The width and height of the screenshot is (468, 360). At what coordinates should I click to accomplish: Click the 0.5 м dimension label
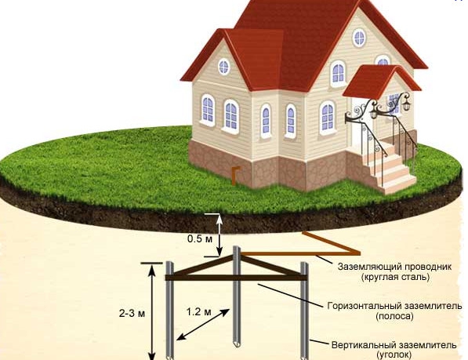click(x=200, y=238)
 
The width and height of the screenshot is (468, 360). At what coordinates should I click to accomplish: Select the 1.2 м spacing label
click(x=199, y=312)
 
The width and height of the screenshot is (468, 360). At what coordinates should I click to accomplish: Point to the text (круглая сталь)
click(x=395, y=277)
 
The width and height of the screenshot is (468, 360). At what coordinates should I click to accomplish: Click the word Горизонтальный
click(x=363, y=306)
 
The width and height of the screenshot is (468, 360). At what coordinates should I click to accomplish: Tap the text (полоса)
click(x=395, y=316)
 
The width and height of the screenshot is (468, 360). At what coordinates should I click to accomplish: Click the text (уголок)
click(x=394, y=355)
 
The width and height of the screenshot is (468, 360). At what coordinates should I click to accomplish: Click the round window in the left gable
click(x=224, y=66)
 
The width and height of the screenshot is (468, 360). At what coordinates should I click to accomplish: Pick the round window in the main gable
click(x=359, y=38)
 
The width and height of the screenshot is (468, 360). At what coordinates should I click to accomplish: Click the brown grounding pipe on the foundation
click(x=234, y=176)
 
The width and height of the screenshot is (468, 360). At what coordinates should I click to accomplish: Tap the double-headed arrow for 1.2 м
click(x=203, y=325)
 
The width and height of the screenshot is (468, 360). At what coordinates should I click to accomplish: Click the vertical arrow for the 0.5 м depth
click(x=219, y=235)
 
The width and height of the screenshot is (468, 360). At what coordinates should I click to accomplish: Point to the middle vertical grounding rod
click(x=237, y=296)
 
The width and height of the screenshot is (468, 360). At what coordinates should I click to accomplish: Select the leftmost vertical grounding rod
click(x=170, y=311)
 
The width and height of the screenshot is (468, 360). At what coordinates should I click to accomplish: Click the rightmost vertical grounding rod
click(x=304, y=311)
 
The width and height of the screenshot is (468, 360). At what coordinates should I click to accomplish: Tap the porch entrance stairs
click(x=388, y=167)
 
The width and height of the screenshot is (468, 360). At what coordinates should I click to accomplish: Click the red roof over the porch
click(x=379, y=82)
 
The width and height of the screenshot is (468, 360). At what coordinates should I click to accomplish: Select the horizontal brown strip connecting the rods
click(x=237, y=278)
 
